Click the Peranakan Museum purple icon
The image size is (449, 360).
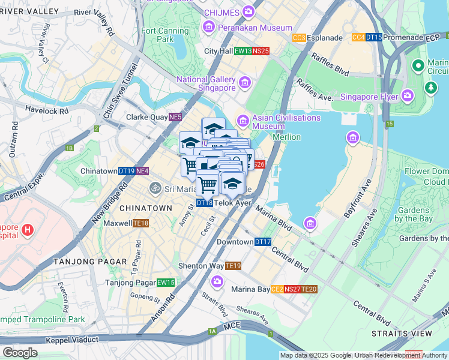[x=209, y=27]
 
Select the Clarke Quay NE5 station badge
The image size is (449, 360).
[x=175, y=117]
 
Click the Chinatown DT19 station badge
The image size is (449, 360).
[x=126, y=171]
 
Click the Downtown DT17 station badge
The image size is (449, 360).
[x=263, y=242]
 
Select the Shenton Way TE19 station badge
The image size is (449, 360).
[x=233, y=266]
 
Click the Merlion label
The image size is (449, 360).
[x=286, y=137]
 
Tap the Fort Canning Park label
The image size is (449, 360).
[x=157, y=35]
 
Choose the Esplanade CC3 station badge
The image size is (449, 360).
[x=299, y=38]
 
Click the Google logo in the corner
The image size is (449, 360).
[x=19, y=353]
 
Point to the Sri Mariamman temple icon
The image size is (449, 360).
[x=156, y=188]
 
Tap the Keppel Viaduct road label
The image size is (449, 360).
[x=72, y=340]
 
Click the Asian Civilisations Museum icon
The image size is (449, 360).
[x=243, y=118]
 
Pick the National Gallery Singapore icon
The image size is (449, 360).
[x=244, y=82]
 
